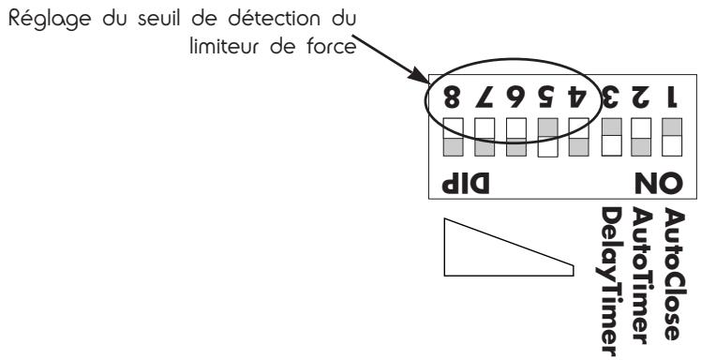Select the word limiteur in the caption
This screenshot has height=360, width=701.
221,47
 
